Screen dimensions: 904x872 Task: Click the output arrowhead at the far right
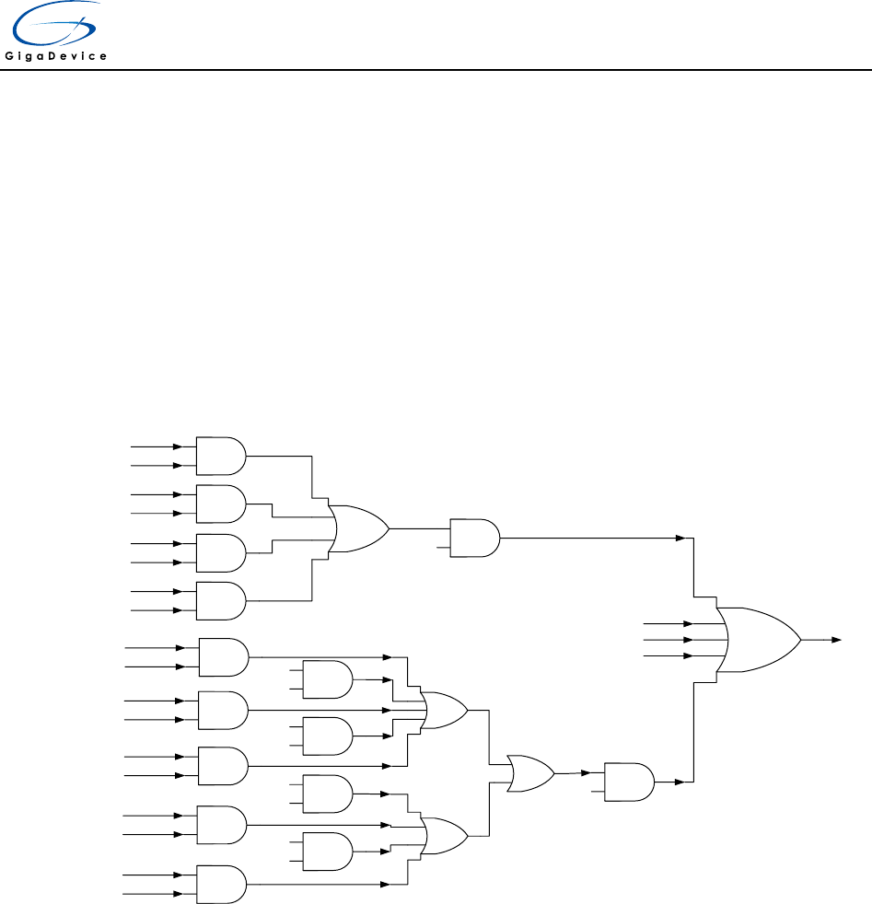click(x=836, y=639)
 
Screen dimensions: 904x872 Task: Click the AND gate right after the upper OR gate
click(x=473, y=537)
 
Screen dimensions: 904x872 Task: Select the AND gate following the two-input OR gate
click(x=628, y=782)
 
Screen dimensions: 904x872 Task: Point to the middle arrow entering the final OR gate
click(x=688, y=639)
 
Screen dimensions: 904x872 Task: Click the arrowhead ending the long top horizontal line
click(x=680, y=538)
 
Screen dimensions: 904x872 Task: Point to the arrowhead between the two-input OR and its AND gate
click(x=583, y=773)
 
